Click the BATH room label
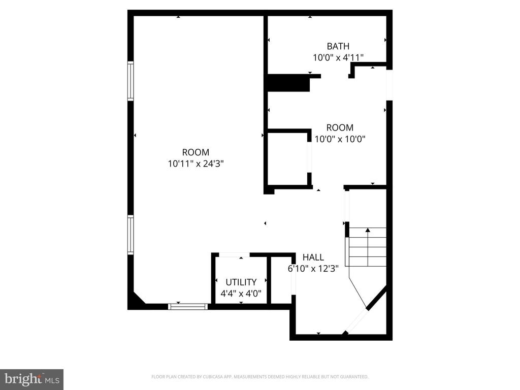click(x=338, y=46)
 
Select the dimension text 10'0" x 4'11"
click(x=338, y=58)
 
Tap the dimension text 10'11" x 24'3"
click(x=196, y=164)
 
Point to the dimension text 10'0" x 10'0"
click(x=340, y=139)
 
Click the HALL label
click(x=313, y=257)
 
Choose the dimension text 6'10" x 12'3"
click(x=313, y=269)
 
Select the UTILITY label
click(x=241, y=282)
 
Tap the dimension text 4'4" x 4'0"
click(x=241, y=294)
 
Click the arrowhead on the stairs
click(x=368, y=230)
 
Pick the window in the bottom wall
click(x=188, y=307)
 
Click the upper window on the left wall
click(x=131, y=81)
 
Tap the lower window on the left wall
click(x=131, y=235)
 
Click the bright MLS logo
click(x=32, y=379)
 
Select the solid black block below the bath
click(x=288, y=83)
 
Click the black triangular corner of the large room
click(x=137, y=300)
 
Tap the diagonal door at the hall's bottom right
click(x=356, y=321)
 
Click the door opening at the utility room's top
click(x=234, y=255)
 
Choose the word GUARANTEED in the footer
click(x=355, y=377)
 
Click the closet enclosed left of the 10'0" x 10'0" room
click(x=287, y=159)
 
